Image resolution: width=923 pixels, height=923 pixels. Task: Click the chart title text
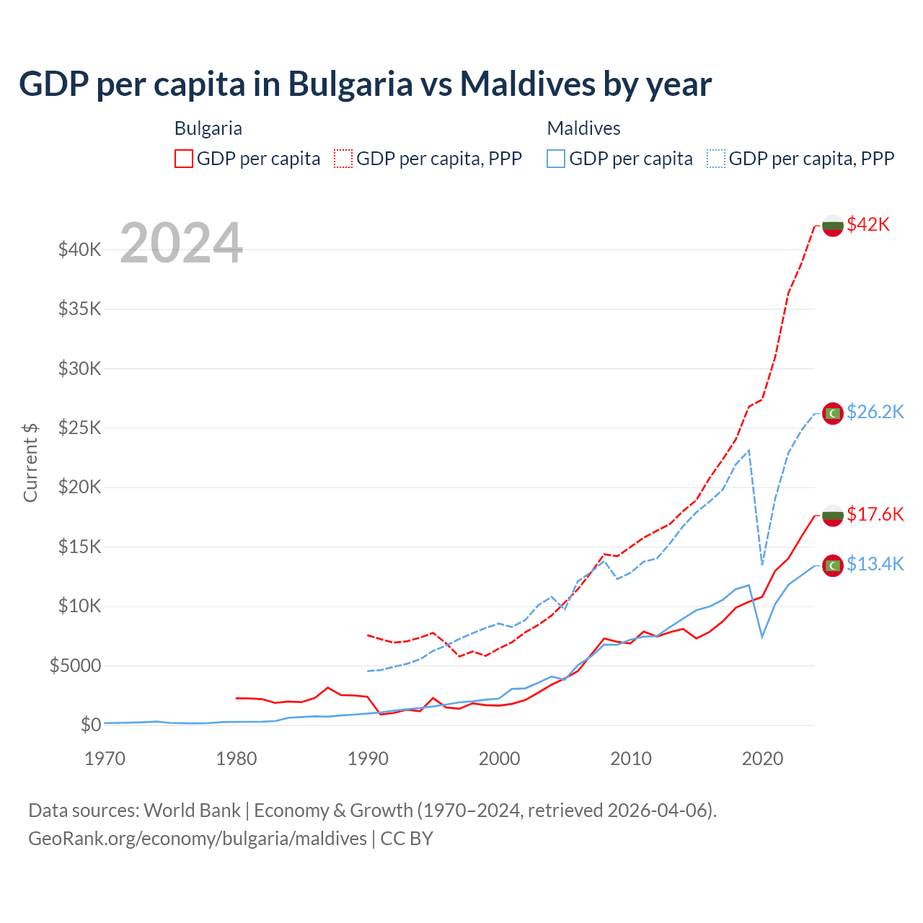(365, 84)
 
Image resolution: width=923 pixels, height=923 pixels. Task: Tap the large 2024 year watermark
(181, 243)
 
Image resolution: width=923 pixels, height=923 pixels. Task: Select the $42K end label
(868, 224)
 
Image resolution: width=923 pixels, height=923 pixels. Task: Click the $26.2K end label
(875, 412)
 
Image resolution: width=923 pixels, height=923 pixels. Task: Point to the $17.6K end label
(875, 514)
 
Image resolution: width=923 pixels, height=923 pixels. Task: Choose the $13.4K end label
(875, 564)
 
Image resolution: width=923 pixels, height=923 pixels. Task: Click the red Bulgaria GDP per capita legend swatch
(184, 159)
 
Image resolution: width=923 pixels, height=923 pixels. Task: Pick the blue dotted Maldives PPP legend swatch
(716, 159)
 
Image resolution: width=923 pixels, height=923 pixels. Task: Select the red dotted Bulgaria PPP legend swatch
(343, 159)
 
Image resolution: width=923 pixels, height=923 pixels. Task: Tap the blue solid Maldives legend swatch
(556, 159)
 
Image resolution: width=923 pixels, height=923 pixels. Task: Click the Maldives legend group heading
(583, 128)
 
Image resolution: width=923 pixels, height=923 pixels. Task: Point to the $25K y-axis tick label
(79, 428)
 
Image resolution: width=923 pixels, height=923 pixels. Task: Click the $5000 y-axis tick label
(75, 666)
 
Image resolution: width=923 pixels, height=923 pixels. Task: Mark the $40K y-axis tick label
(79, 250)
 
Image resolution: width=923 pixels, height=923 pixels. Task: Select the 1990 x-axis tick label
(368, 759)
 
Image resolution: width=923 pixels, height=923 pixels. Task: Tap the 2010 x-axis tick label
(631, 759)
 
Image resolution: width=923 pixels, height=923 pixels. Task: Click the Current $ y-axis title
(30, 462)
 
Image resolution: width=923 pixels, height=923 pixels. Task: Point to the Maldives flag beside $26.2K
(833, 413)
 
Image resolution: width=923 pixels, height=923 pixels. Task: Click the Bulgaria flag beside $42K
(833, 226)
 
